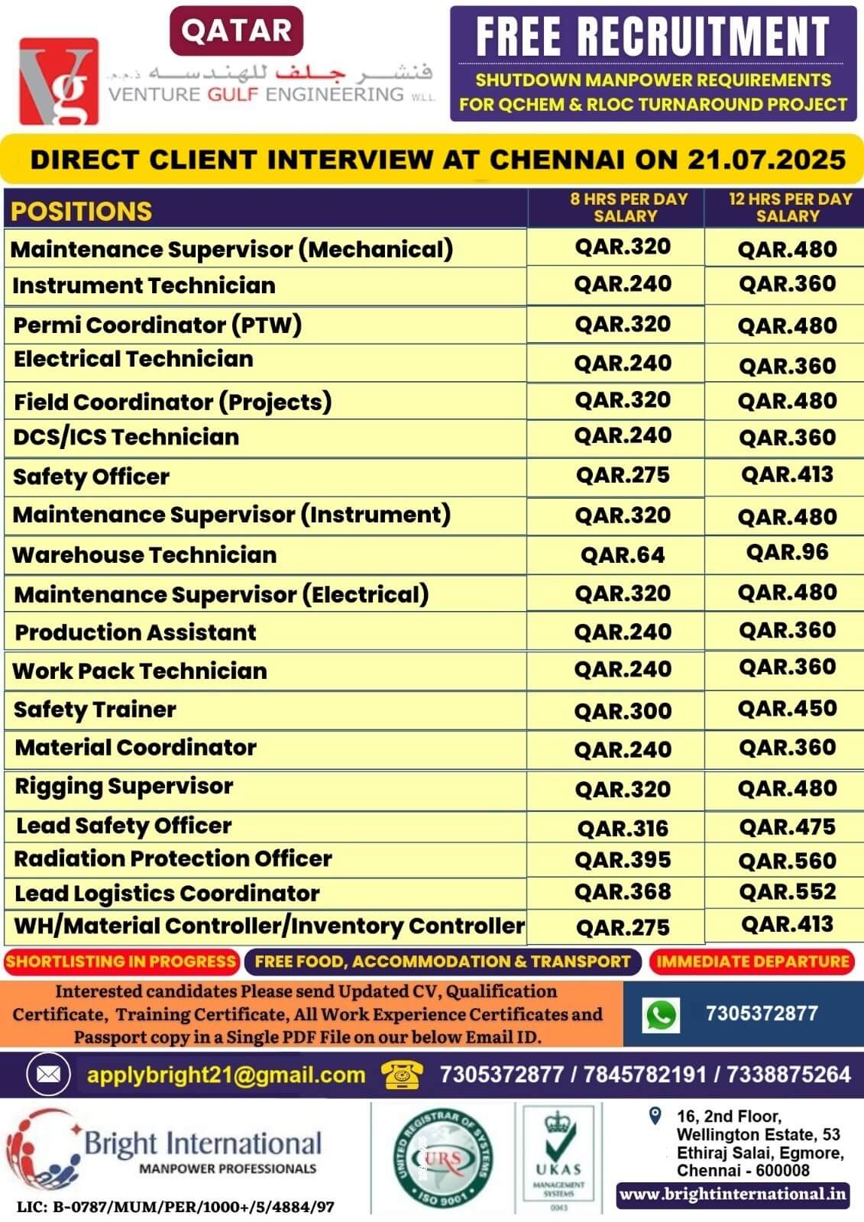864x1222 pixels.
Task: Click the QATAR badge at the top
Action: [236, 31]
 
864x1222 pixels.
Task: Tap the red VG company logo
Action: [59, 81]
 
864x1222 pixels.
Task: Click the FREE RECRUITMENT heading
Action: [652, 36]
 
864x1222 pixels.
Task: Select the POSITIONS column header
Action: [82, 211]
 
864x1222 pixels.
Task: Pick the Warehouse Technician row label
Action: [144, 555]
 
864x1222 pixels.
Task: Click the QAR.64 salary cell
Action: [623, 555]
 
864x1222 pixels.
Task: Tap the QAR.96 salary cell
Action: [788, 552]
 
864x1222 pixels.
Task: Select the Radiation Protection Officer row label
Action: [173, 858]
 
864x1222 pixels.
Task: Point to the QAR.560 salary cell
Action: [788, 861]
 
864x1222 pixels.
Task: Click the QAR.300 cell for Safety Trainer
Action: [623, 711]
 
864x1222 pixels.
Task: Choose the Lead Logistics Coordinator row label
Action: [167, 893]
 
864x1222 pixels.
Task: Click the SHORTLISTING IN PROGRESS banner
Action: [121, 962]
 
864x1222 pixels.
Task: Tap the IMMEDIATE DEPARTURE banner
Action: [753, 962]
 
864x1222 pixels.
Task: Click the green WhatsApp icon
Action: [662, 1015]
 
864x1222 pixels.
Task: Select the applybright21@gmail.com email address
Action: [226, 1075]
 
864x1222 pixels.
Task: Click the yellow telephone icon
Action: [403, 1075]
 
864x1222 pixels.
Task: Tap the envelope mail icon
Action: [48, 1075]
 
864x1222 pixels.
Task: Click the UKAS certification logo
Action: [559, 1157]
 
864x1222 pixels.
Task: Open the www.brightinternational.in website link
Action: [733, 1195]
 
